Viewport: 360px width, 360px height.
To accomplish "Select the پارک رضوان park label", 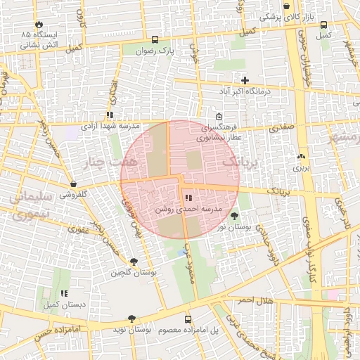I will coord(155,51).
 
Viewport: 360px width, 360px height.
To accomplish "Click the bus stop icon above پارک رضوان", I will coord(155,39).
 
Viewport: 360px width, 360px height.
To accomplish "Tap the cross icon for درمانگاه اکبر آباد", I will coord(245,80).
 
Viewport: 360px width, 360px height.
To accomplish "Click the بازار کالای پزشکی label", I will coord(286,16).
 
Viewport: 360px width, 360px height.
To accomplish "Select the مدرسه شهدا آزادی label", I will coord(108,127).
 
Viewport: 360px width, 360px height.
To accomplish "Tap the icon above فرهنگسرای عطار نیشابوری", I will coord(219,117).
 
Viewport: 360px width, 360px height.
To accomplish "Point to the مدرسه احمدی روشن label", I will coord(188,210).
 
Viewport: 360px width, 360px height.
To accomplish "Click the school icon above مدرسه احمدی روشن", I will coord(188,198).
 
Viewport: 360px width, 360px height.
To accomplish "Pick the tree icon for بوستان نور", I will coord(233,215).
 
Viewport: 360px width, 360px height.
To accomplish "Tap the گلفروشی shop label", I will coord(72,194).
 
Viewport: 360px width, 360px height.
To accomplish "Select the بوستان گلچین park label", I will coord(143,271).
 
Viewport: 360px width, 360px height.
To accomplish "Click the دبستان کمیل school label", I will coord(63,305).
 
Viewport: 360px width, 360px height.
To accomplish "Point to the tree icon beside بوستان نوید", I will coord(131,319).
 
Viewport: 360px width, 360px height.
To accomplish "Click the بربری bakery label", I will coord(302,168).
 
